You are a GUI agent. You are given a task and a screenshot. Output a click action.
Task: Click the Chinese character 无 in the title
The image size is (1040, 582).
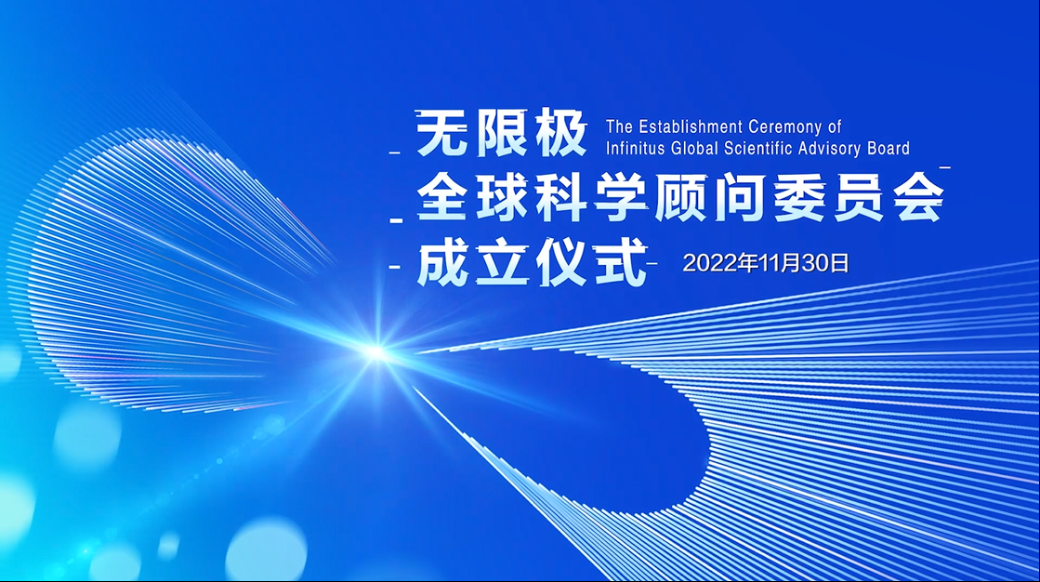(441, 133)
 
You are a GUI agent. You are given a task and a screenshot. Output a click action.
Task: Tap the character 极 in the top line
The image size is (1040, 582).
(561, 133)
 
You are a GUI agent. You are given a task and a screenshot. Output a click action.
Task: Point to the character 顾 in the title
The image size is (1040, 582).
(679, 197)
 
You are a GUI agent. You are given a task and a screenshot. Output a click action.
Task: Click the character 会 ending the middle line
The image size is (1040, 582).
(918, 197)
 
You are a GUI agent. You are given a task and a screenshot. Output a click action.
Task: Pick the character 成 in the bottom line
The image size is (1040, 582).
(442, 262)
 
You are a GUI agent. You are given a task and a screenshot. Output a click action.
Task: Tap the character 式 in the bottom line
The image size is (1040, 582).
(621, 262)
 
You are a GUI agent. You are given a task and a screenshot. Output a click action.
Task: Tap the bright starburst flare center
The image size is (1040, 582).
(376, 352)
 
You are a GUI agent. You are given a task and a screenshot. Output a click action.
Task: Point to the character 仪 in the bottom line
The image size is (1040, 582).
(561, 262)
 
